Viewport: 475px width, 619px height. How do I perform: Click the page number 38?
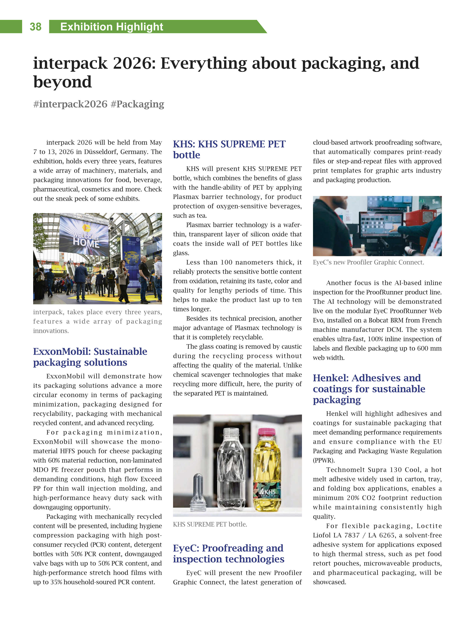[x=35, y=27]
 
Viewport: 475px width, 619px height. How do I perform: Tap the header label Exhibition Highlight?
[x=112, y=27]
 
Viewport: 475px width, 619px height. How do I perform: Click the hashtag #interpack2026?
[x=70, y=104]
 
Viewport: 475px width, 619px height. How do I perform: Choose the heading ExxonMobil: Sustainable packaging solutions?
[x=90, y=357]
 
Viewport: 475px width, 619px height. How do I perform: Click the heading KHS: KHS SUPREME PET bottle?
[x=229, y=149]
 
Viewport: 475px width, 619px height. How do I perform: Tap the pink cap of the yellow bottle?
[x=266, y=432]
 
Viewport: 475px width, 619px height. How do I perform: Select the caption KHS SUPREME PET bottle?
[x=210, y=524]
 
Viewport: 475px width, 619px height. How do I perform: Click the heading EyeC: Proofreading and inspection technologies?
[x=228, y=553]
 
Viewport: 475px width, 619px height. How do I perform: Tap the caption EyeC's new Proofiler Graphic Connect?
[x=368, y=262]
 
